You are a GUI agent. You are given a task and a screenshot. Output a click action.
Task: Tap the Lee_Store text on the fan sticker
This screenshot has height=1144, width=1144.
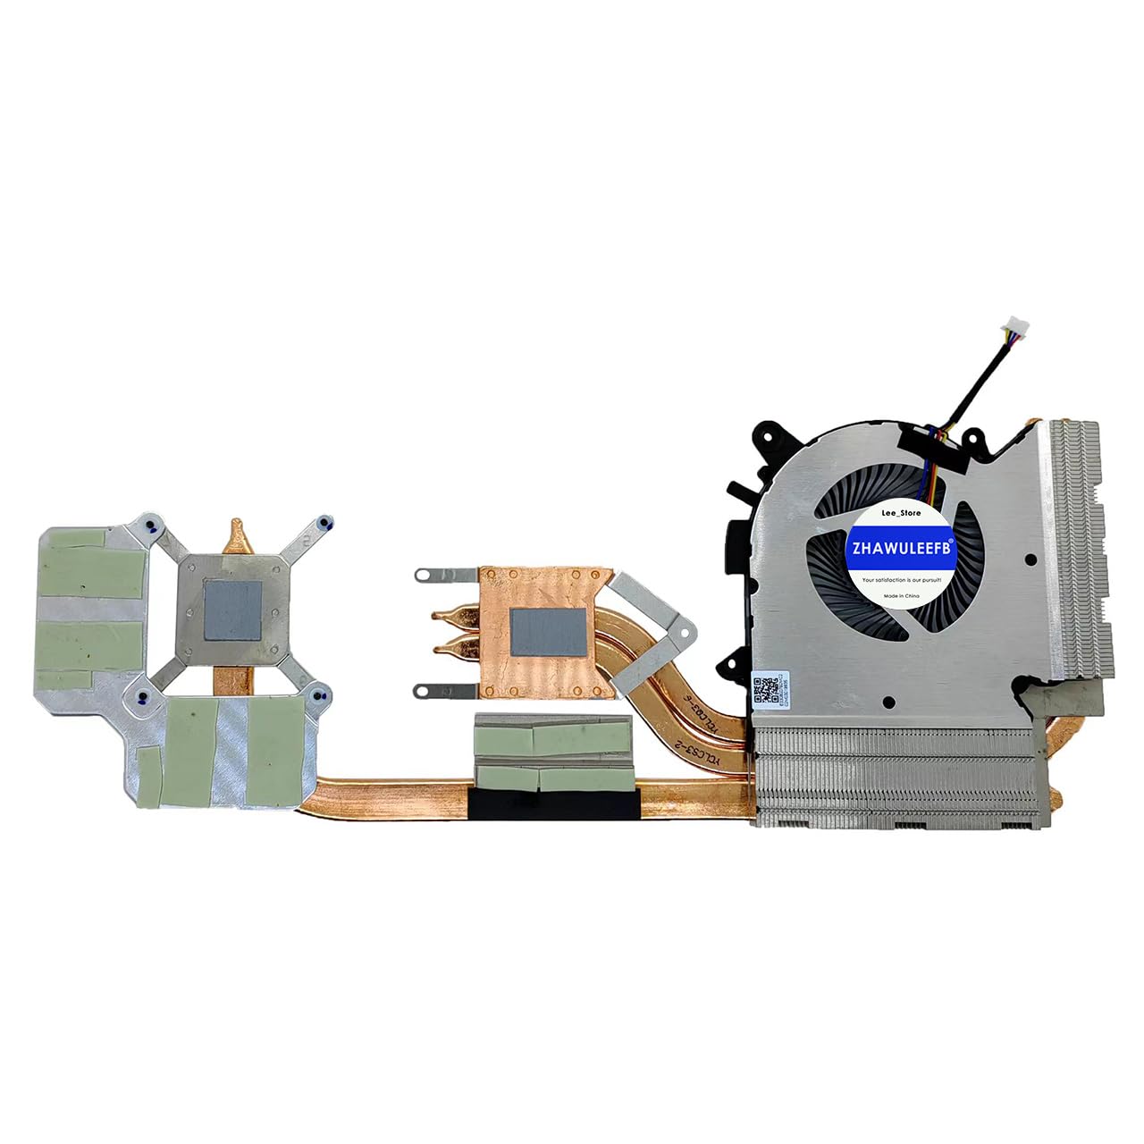point(901,513)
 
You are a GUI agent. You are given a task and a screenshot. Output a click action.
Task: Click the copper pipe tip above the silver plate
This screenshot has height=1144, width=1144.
point(237,533)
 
